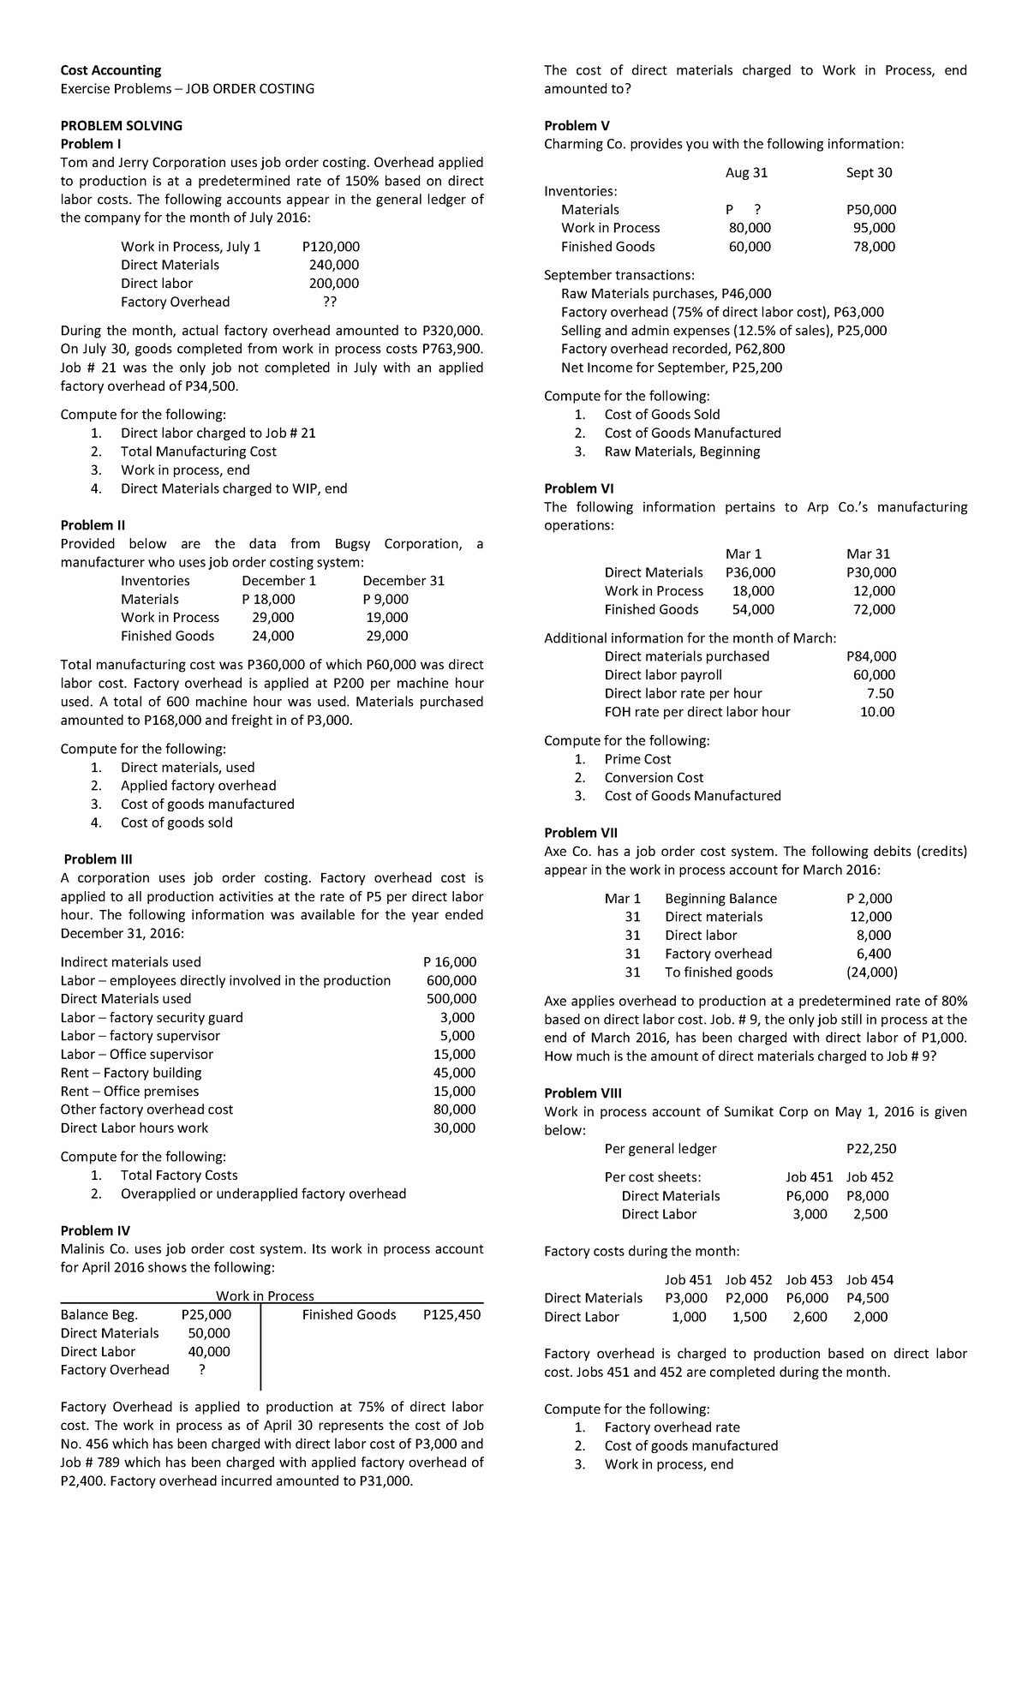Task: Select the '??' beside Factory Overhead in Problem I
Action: [330, 302]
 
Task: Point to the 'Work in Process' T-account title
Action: [265, 1296]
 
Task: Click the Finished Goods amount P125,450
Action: [451, 1314]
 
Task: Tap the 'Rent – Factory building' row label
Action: [131, 1073]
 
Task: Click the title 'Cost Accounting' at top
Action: [111, 70]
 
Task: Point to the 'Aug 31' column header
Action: [746, 172]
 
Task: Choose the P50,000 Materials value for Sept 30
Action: [870, 209]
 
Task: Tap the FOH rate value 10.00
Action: [877, 711]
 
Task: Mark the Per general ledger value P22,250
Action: [870, 1148]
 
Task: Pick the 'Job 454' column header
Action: [870, 1279]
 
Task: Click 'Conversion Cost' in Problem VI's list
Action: [654, 777]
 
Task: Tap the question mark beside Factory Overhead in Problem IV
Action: [201, 1369]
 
